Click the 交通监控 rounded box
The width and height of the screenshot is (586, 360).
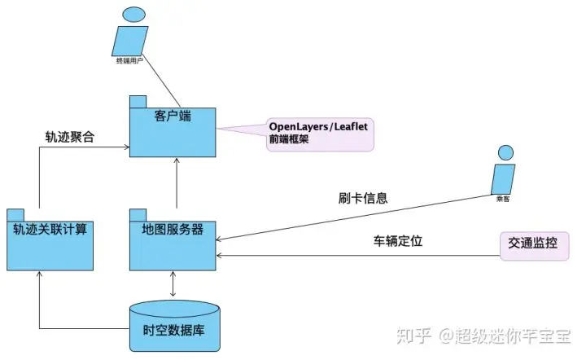[533, 244]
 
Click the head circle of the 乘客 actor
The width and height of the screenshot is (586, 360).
[506, 152]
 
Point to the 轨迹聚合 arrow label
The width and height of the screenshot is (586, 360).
[70, 137]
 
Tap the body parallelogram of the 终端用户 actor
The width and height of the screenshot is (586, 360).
[126, 39]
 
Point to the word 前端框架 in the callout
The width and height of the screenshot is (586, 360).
[288, 140]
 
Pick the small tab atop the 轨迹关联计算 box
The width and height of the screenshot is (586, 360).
[16, 214]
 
